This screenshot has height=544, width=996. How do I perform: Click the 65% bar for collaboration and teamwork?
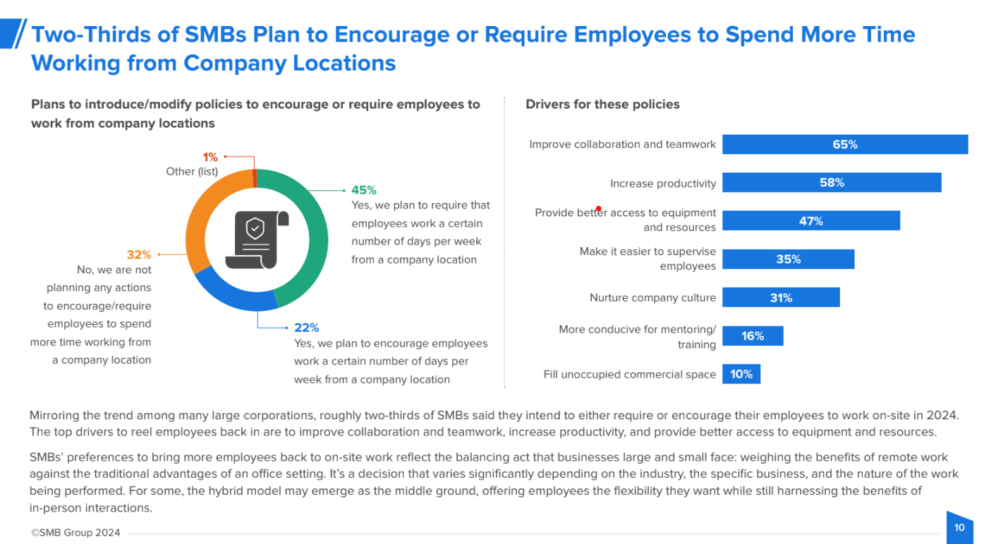point(844,144)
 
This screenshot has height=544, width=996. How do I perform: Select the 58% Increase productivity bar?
point(831,183)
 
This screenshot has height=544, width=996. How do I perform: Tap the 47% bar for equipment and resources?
point(810,221)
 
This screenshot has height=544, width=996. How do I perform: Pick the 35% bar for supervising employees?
point(788,259)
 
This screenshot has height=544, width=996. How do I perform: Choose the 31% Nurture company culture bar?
point(780,297)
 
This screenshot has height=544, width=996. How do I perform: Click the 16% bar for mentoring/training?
point(752,336)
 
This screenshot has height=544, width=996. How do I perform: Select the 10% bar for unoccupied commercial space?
point(741,374)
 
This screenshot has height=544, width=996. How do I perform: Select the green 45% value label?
point(364,190)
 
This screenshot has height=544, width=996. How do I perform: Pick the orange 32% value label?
point(139,254)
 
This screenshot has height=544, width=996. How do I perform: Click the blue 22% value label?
point(307,328)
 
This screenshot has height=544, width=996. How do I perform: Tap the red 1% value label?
point(210,157)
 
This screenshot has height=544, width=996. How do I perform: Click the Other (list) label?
point(192,171)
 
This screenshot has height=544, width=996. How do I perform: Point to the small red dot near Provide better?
point(598,209)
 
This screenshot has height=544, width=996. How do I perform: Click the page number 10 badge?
point(959,528)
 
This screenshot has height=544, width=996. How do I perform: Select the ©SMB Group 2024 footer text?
point(75,533)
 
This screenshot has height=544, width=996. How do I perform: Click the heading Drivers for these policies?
point(602,104)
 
